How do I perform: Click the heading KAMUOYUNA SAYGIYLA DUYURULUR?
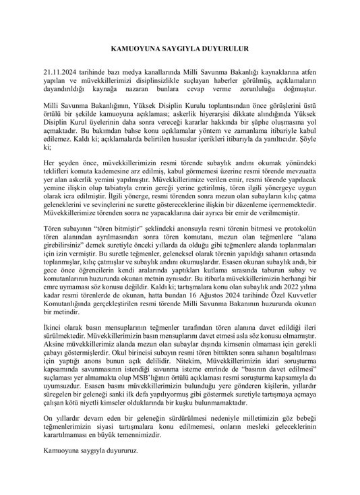tap(180, 49)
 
